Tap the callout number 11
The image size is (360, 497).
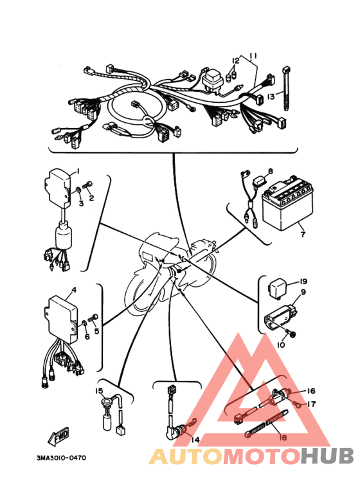point(253,56)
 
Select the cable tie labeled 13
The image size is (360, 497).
point(287,89)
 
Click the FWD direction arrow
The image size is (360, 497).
point(59,436)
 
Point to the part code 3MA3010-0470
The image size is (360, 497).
point(61,458)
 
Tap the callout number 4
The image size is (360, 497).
point(74,290)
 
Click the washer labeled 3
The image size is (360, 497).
point(77,191)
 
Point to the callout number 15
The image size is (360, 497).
point(98,391)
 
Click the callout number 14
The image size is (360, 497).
point(195,440)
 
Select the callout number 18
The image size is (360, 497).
point(283,437)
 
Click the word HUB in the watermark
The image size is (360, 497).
point(327,456)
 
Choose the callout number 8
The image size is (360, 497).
point(270,172)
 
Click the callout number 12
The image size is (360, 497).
point(235,60)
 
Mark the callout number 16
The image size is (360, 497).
point(311,391)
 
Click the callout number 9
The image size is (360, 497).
point(303,292)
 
